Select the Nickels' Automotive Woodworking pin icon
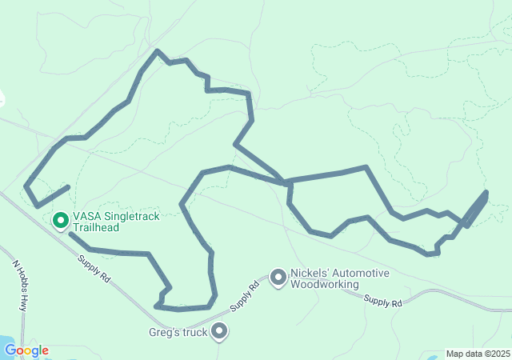click(278, 278)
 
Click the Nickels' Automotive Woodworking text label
click(340, 278)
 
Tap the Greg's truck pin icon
click(218, 332)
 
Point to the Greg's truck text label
click(178, 333)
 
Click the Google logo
click(26, 350)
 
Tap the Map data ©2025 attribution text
click(477, 354)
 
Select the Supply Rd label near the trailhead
click(94, 267)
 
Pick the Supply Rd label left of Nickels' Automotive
click(245, 296)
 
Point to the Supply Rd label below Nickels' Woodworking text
click(382, 300)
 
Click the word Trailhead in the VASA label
click(96, 227)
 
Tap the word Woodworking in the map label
click(325, 284)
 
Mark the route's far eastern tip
click(486, 192)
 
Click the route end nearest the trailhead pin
click(70, 234)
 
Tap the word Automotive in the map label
click(362, 273)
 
